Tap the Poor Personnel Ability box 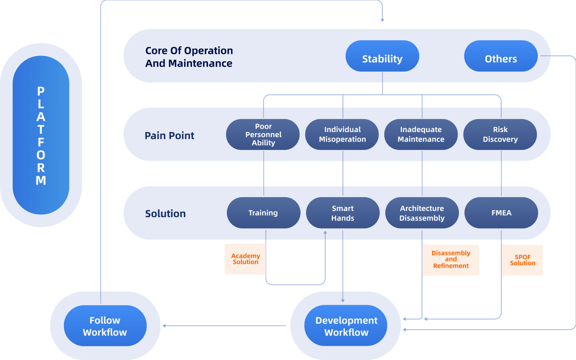[x=263, y=135]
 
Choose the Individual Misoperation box [x=342, y=135]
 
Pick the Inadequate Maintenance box [x=421, y=135]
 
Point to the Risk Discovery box [x=500, y=135]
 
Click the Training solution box [x=263, y=213]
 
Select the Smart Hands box [x=342, y=213]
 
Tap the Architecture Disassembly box [x=422, y=213]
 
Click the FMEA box [x=501, y=213]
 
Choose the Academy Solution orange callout [x=245, y=259]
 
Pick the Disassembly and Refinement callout [x=451, y=259]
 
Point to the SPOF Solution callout [x=522, y=260]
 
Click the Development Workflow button [x=346, y=326]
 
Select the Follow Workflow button [x=105, y=326]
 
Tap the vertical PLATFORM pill [x=41, y=135]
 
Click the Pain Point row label [x=169, y=135]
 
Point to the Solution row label [x=165, y=214]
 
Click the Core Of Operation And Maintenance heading [x=189, y=57]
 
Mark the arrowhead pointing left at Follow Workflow [x=164, y=326]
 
